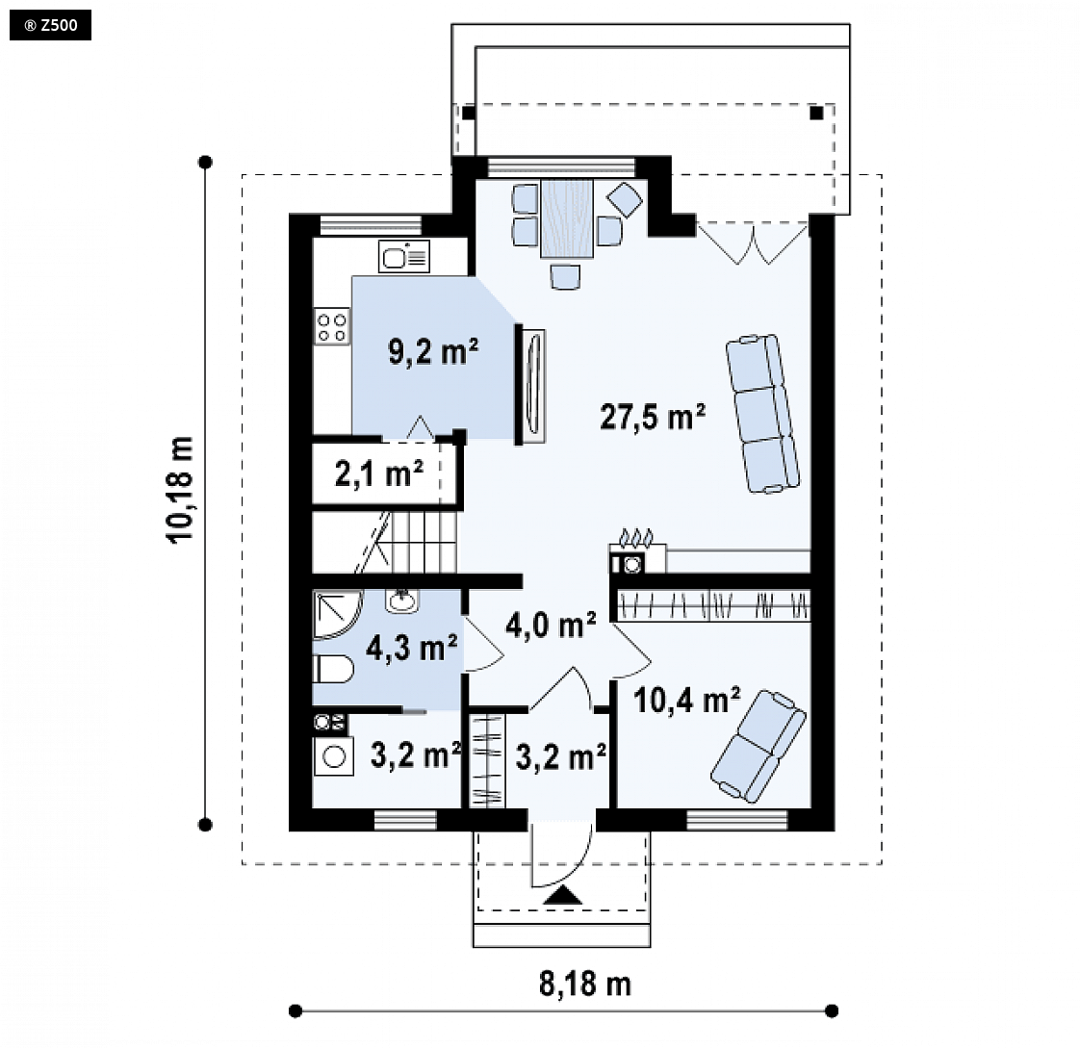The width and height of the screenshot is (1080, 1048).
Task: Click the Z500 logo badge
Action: pyautogui.click(x=50, y=25)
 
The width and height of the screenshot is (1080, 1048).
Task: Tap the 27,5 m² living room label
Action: pyautogui.click(x=653, y=417)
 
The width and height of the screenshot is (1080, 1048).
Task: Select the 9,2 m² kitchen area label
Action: pyautogui.click(x=433, y=351)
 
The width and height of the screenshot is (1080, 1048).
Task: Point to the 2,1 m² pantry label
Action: pyautogui.click(x=379, y=473)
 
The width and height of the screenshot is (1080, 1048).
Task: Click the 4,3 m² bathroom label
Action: pyautogui.click(x=411, y=648)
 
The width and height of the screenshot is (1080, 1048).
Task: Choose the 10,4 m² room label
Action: pyautogui.click(x=686, y=700)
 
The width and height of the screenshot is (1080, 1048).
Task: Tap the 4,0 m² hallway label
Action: pyautogui.click(x=551, y=625)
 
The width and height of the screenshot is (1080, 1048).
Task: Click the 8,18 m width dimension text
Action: pyautogui.click(x=585, y=984)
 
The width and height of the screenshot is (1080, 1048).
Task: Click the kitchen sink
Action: pyautogui.click(x=404, y=256)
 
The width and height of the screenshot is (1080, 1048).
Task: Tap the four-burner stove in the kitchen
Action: pyautogui.click(x=332, y=326)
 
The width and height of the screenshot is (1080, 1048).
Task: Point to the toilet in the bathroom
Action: pyautogui.click(x=333, y=669)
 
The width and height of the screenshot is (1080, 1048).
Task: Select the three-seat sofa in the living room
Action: pyautogui.click(x=762, y=413)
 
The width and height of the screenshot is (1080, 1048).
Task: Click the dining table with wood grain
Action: pyautogui.click(x=567, y=218)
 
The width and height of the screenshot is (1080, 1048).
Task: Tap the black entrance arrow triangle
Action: pyautogui.click(x=563, y=895)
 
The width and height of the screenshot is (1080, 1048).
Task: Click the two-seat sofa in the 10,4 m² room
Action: pyautogui.click(x=758, y=747)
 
